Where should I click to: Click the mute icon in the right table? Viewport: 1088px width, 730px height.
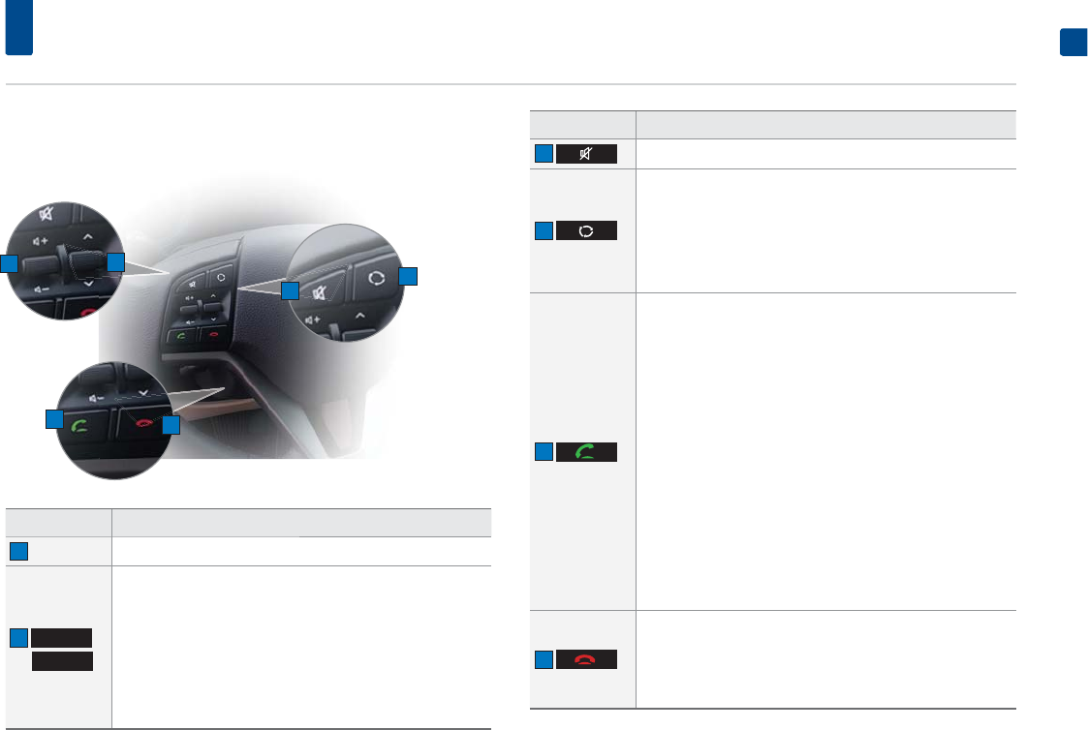click(x=586, y=154)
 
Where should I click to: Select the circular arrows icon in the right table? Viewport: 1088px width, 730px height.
click(x=586, y=231)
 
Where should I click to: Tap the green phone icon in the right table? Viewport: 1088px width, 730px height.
click(x=586, y=451)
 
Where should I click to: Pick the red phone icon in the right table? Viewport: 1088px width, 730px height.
click(x=586, y=659)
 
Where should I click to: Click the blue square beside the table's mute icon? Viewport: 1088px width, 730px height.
click(x=544, y=154)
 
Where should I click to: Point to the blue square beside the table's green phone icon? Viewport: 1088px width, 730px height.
click(x=544, y=451)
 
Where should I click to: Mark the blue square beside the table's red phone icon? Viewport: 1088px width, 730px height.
click(x=544, y=659)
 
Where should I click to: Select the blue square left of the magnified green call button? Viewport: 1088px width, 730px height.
click(x=52, y=419)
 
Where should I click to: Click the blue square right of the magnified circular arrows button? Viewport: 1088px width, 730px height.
click(x=408, y=276)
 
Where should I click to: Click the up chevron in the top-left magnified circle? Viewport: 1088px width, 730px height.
click(x=87, y=235)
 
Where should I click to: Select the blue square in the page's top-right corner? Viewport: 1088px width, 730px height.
click(x=1072, y=44)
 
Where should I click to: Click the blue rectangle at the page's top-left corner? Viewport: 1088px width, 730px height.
click(x=18, y=27)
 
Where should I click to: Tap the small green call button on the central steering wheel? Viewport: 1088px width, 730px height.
click(x=181, y=335)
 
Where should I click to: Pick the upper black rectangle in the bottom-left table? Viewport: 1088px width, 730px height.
click(x=62, y=637)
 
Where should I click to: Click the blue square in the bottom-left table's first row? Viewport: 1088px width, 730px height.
click(x=18, y=551)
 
